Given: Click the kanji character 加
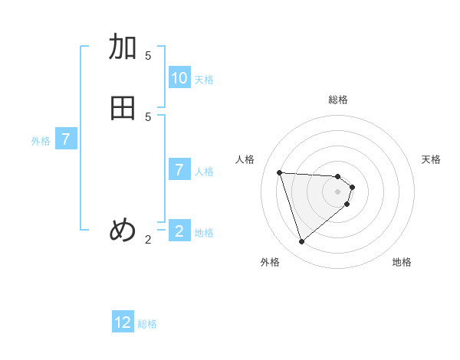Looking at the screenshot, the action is coord(123,47).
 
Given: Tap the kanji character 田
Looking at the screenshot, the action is coord(123,108).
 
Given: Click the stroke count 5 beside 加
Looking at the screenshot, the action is coord(148,55).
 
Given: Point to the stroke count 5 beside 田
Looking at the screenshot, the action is coord(148,116).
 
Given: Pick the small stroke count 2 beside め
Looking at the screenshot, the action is coord(148,240).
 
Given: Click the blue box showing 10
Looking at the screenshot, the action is coord(179,78).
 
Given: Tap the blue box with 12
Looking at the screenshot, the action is coord(123,322).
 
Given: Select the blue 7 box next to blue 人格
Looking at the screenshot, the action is coord(179,170).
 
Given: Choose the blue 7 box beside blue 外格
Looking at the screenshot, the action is coord(67,139).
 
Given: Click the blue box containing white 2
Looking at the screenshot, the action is coord(179,231).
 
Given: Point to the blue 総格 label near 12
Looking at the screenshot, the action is coord(147,324).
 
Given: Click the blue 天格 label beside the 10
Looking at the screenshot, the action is coord(204,80).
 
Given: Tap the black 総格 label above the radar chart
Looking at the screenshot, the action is coord(338,100).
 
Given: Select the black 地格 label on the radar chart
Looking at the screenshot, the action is coord(402,262).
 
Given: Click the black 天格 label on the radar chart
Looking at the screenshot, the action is coord(431,159).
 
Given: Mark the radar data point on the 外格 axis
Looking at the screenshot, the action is coord(302,242).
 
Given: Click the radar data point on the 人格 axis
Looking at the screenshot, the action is coord(280,172).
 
